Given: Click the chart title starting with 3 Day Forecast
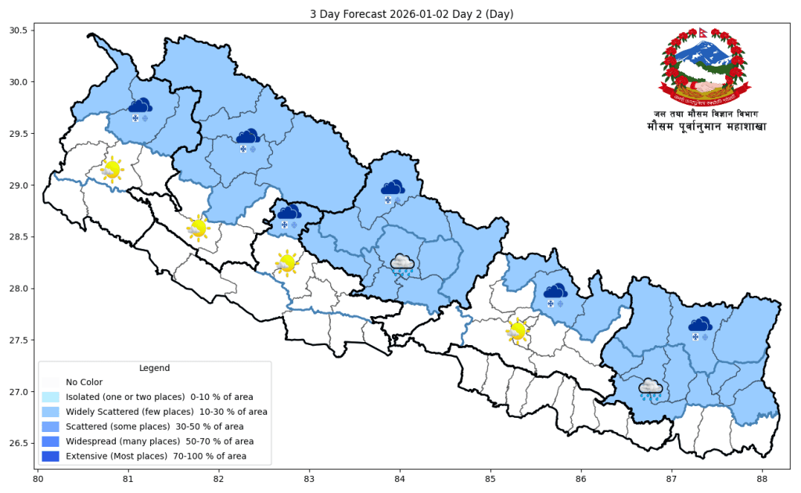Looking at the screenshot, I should coord(400,14).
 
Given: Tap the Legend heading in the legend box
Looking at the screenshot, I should coord(154,368).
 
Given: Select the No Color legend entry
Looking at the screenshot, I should coord(84,383).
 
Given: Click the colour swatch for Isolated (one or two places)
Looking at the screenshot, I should coord(51,398).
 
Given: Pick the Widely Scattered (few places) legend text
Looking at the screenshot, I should coord(166,412).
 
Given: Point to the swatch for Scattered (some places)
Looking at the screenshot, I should coord(51,426).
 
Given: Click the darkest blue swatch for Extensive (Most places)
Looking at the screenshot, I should coord(51,455).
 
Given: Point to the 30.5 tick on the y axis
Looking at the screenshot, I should coord(17,31).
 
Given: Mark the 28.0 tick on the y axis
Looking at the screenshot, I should coord(17,289).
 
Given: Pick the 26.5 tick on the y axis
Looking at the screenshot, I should coord(17,444).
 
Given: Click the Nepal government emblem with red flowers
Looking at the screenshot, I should coord(702,68).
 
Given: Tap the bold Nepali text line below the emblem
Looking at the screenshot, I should coord(706,126).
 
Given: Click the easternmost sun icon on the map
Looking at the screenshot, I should coord(516,331).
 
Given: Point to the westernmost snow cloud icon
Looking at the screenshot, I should coord(140,110).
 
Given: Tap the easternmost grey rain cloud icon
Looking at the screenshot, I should coord(650,389).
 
